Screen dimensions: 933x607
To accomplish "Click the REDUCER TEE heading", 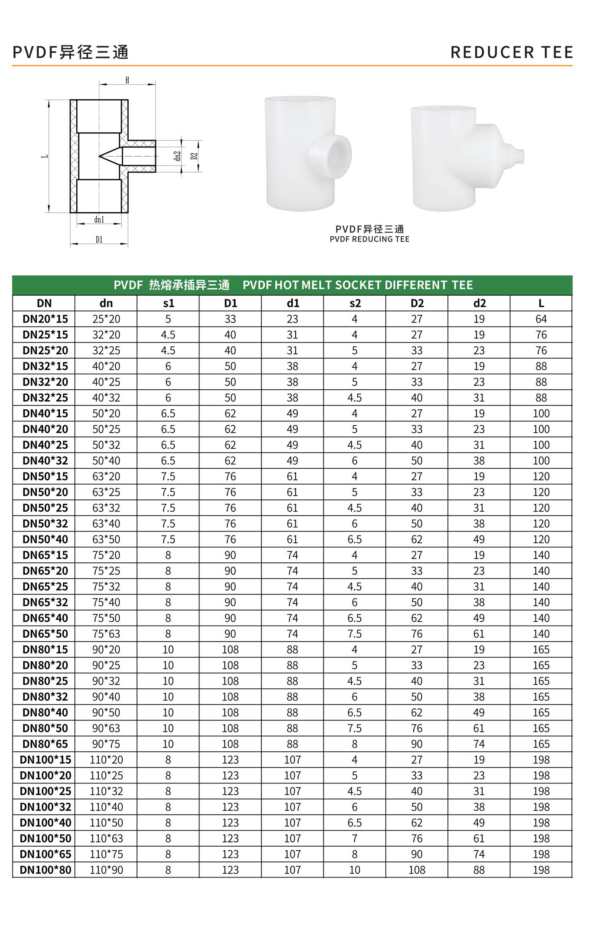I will coord(512,52).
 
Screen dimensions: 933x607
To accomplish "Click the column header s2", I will coord(355,303).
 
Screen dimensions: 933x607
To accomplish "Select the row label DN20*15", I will coord(45,319).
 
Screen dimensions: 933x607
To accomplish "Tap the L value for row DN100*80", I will coord(541,870).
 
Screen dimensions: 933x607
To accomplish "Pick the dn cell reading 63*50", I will coord(106,539).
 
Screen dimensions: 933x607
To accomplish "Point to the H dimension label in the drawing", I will coord(127,80).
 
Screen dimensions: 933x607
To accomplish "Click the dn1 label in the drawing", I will coord(99,220).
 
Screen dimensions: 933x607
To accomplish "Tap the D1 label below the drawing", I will coord(99,240).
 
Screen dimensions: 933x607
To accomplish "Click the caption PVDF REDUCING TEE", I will coord(369,239).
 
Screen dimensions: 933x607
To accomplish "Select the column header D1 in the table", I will coord(230,303).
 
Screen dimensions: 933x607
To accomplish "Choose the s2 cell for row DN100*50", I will coord(355,838).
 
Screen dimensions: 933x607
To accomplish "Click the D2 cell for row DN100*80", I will coord(417,870).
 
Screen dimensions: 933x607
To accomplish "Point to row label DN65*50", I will coord(45,634).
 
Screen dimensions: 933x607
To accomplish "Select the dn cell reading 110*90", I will coord(106,870).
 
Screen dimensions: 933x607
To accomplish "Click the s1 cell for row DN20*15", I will coord(168,319).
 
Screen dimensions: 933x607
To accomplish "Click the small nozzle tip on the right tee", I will coord(519,156).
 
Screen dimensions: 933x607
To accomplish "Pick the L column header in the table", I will coord(541,303).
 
